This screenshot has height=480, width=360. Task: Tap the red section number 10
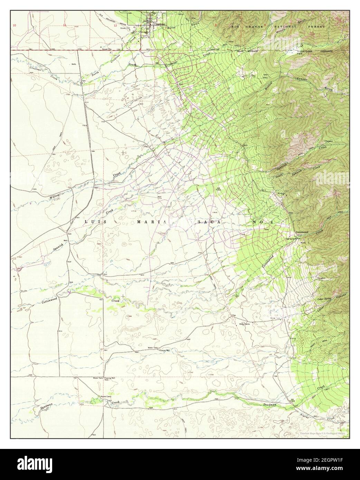click(14, 25)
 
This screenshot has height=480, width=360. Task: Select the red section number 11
click(65, 25)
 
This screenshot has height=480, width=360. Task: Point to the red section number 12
click(115, 25)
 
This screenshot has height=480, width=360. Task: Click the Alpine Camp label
click(105, 396)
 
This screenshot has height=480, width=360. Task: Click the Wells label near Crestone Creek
click(74, 64)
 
